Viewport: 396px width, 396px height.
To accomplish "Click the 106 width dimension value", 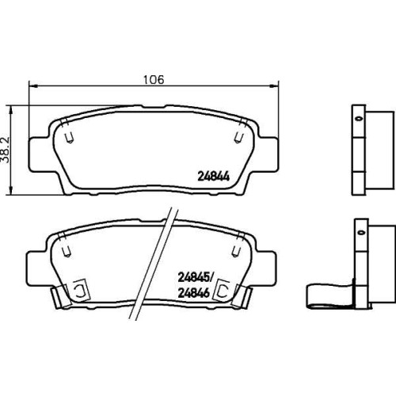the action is tap(154, 79).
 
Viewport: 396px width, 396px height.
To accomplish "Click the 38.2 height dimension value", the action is tap(6, 150).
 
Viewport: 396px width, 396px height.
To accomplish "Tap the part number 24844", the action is tap(214, 177).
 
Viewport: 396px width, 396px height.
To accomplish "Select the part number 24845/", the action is tap(196, 277).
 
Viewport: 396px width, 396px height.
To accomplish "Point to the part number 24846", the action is tap(194, 293).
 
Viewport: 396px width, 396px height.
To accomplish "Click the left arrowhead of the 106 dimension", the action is tap(33, 86).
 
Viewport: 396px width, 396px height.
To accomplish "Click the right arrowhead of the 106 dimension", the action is tap(274, 86).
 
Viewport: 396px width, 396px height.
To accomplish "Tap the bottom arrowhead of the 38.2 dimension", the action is tap(11, 190).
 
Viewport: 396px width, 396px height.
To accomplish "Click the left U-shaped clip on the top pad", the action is tap(70, 137).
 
